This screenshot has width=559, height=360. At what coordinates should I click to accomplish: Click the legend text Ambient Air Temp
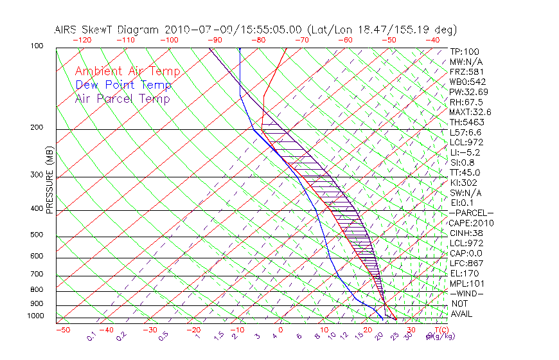coord(127,71)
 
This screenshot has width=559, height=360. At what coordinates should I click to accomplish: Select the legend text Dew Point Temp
coord(123,85)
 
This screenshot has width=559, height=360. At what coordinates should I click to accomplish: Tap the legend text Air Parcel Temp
coord(122,98)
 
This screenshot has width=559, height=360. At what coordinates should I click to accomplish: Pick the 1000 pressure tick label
coord(36,316)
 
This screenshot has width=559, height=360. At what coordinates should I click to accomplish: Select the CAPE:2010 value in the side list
coord(472,223)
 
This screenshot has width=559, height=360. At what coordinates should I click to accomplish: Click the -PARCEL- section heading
coord(471,213)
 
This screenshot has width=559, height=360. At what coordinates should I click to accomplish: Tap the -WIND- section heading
coord(466,293)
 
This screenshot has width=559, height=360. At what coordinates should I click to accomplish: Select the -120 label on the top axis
coord(82,40)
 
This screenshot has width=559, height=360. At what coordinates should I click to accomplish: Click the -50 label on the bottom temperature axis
coord(63,330)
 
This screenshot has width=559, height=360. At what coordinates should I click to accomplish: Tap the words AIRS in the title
coord(67,30)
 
